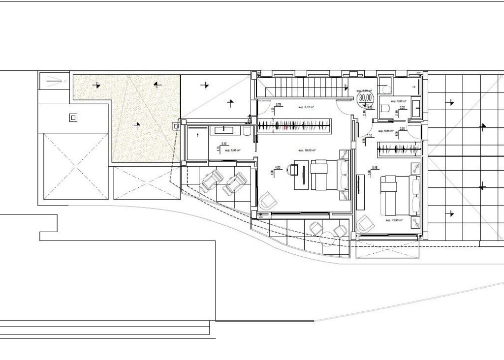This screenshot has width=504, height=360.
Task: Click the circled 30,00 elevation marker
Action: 366,98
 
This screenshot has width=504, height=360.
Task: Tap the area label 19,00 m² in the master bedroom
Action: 307,150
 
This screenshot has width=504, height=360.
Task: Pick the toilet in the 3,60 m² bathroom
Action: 387,108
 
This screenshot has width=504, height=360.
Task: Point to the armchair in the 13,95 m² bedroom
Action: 365,224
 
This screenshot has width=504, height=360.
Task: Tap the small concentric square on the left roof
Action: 73,118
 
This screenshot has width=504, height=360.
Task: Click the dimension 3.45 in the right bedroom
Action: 375,168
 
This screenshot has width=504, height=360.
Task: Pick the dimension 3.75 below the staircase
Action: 278,105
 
